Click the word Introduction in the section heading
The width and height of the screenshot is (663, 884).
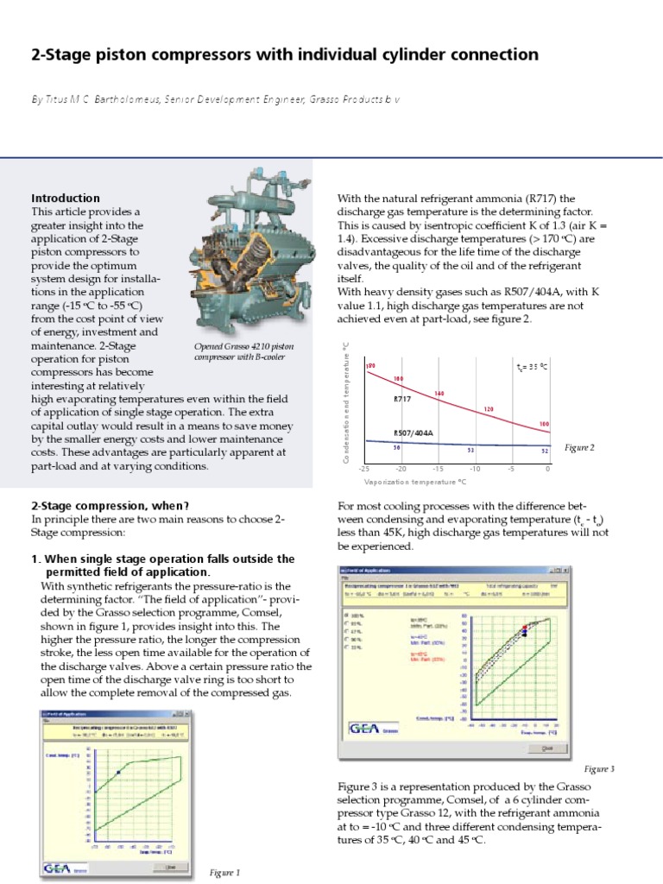click(66, 198)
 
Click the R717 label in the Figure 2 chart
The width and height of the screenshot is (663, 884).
click(403, 400)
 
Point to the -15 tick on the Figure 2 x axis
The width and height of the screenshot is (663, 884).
click(438, 469)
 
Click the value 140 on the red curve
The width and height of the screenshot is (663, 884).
click(439, 394)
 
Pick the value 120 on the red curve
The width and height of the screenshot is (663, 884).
click(488, 409)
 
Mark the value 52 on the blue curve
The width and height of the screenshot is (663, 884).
click(544, 451)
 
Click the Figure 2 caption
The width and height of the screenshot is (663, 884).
click(579, 448)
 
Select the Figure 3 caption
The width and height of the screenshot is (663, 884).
click(598, 768)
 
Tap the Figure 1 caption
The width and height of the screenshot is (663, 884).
click(224, 873)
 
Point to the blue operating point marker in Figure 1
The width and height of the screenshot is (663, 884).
click(118, 772)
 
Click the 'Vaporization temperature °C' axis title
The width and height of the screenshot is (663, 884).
click(415, 482)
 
